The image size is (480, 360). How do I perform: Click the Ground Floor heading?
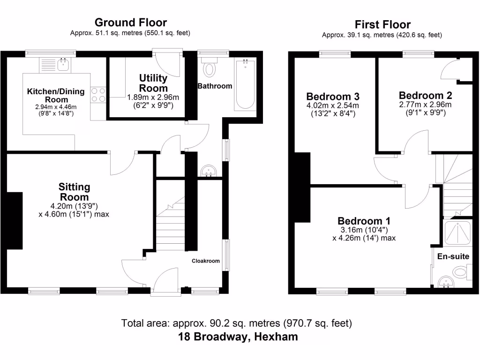[x=130, y=22]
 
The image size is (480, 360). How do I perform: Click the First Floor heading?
[x=382, y=24]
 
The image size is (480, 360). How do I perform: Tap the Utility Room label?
[x=153, y=83]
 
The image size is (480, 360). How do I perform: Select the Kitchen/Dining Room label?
[x=56, y=95]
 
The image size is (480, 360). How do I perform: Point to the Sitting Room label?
[x=74, y=192]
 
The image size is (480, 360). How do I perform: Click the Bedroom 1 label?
[x=364, y=221]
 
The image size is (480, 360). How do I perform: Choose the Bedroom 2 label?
[x=425, y=95]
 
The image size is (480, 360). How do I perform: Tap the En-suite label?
[x=453, y=256]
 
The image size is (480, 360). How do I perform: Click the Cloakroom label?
[x=206, y=261]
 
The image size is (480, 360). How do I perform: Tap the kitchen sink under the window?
[x=64, y=64]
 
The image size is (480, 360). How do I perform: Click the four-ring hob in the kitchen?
[x=98, y=95]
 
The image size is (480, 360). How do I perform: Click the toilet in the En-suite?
[x=460, y=272]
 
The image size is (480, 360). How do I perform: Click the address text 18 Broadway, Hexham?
[x=238, y=337]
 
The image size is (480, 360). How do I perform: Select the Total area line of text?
[x=237, y=323]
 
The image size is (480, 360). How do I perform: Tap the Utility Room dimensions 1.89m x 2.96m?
[x=153, y=97]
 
